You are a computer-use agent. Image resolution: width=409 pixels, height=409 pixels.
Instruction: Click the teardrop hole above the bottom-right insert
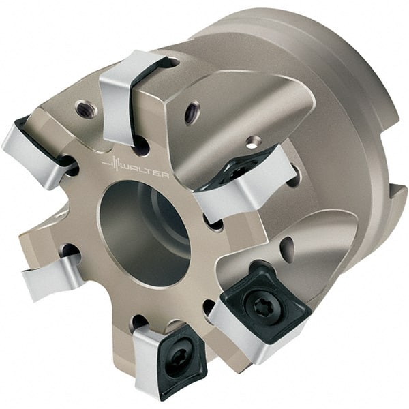pos(288,249)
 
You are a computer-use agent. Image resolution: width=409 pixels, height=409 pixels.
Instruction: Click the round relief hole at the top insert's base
pos(140,144)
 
